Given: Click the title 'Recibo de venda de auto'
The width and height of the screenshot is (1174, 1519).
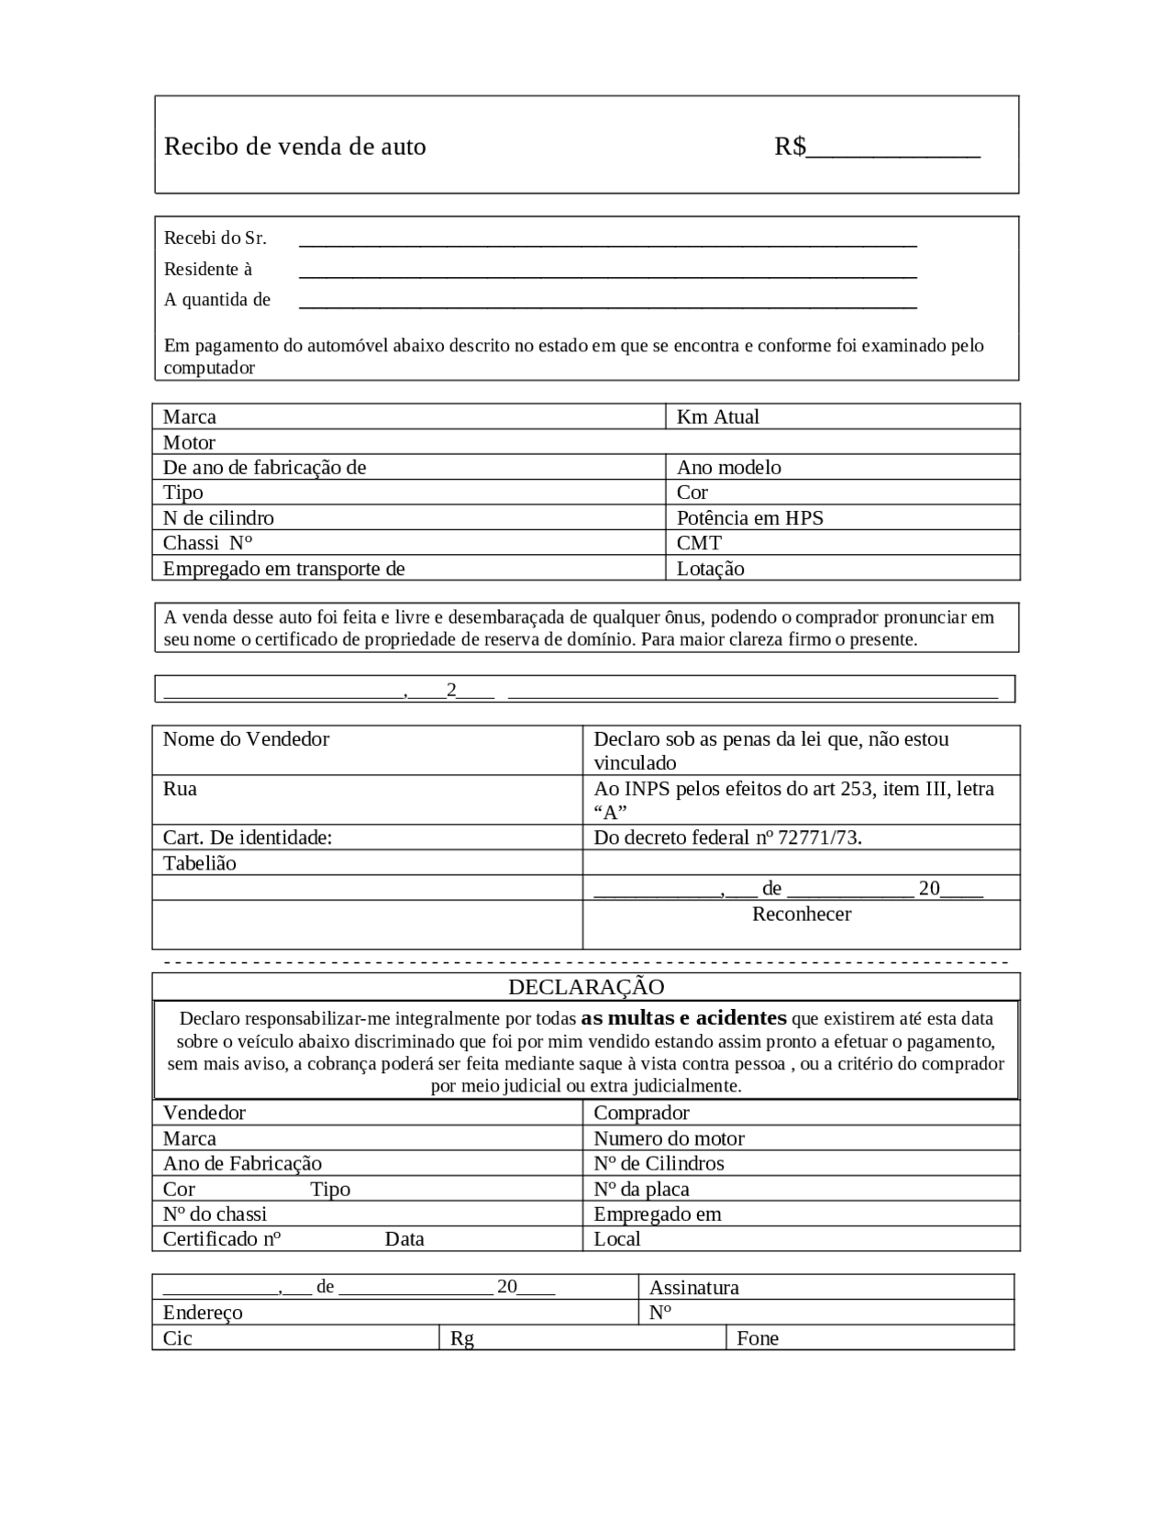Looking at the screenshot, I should pos(294,147).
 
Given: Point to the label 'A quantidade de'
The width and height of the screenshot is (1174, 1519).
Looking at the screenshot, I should pos(217,300).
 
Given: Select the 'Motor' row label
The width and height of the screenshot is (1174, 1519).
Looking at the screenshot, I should pos(189,442).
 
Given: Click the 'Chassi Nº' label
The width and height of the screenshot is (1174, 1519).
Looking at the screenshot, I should pos(207,543).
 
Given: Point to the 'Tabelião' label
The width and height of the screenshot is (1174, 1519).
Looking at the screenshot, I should pos(199,863).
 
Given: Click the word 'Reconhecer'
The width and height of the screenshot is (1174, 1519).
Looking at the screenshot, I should pos(802,915).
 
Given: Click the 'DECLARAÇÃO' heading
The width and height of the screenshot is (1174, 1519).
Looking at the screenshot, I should pos(586,987).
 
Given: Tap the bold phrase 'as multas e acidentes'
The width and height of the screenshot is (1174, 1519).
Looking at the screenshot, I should pos(683,1018).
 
